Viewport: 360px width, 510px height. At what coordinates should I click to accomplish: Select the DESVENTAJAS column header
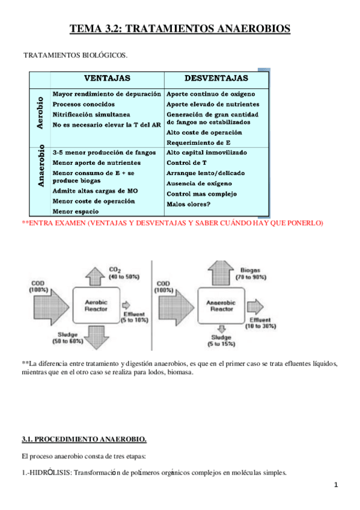(216, 79)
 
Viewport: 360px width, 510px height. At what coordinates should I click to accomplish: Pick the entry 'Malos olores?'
(189, 204)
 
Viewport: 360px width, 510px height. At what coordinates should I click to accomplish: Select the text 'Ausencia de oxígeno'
(199, 183)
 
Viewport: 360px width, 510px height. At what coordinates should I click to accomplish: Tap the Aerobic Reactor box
(97, 306)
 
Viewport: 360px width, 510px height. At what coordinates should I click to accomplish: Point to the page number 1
(338, 485)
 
